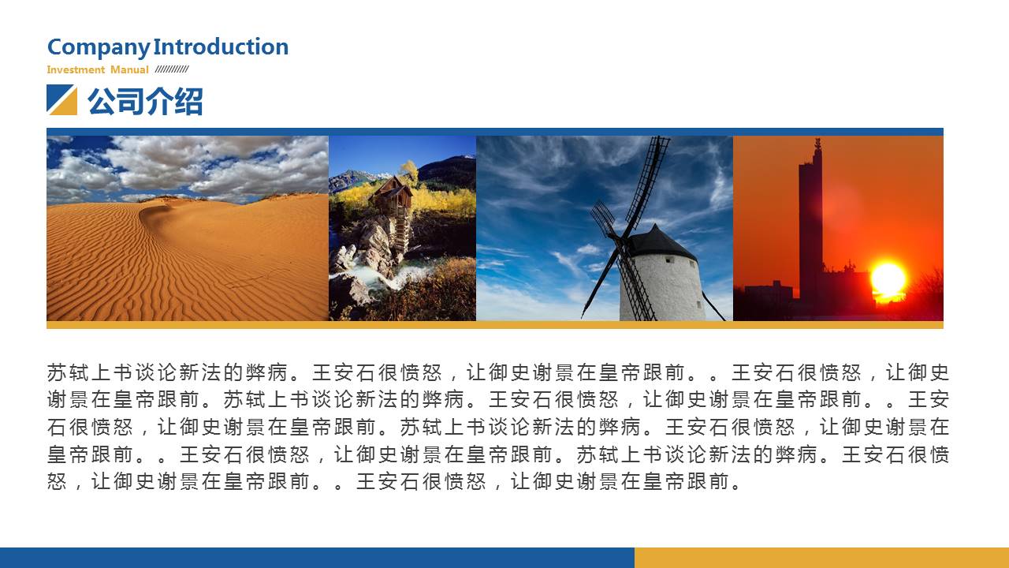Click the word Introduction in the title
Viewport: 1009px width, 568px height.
[x=221, y=47]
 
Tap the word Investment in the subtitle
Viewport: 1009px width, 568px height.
[x=76, y=70]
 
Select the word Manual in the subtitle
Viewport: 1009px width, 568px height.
[x=129, y=70]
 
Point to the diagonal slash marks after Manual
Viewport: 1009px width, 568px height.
[x=172, y=69]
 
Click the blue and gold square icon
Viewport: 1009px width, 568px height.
[x=61, y=99]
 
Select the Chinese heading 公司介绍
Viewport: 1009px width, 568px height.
[x=145, y=101]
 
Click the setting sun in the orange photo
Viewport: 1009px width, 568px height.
[x=888, y=279]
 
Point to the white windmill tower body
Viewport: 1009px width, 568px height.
[x=661, y=289]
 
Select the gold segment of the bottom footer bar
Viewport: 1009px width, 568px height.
[x=821, y=558]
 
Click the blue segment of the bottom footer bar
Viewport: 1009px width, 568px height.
[x=317, y=558]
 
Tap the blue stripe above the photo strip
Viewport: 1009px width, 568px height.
[x=494, y=132]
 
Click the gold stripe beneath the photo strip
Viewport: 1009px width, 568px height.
[x=494, y=324]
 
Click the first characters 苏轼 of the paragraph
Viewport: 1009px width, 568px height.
[x=68, y=373]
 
